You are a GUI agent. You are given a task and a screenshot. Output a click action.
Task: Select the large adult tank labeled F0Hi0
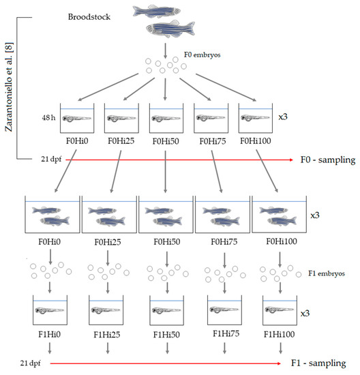[52, 214]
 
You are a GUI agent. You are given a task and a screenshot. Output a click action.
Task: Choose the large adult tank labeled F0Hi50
[165, 214]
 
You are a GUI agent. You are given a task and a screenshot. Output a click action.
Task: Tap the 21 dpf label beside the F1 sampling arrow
[29, 363]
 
